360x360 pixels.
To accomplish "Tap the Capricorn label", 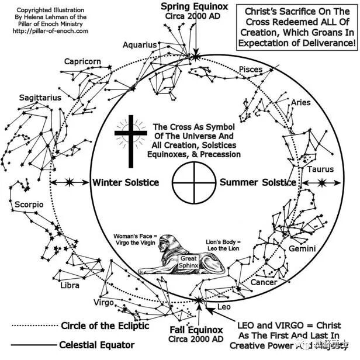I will click(x=82, y=62).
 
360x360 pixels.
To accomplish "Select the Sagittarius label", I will click(x=40, y=98).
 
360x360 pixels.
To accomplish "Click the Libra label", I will click(x=70, y=286).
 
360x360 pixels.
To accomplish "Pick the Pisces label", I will click(x=251, y=70).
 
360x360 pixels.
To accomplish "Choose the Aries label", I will click(x=302, y=103).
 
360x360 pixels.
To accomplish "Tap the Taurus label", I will click(x=320, y=169).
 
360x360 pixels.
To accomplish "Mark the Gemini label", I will click(x=302, y=249).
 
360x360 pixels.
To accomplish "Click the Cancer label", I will click(x=264, y=282).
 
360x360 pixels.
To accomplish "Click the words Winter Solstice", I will click(x=126, y=182).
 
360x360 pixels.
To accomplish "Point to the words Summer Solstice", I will click(x=258, y=182).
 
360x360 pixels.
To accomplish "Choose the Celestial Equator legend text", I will click(x=97, y=345).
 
